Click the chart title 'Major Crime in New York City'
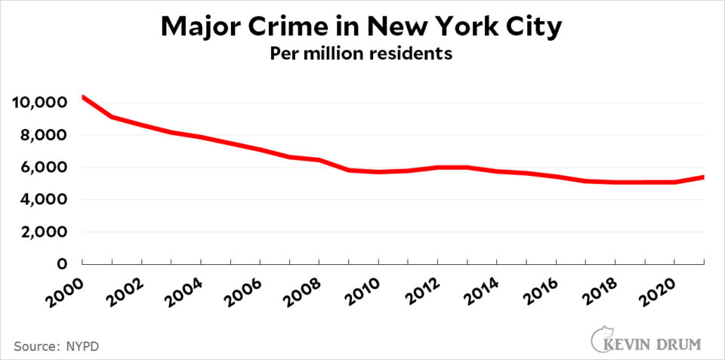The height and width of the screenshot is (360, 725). tap(362, 27)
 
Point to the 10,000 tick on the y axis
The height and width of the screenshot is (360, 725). tap(39, 103)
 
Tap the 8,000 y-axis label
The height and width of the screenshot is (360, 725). tap(44, 135)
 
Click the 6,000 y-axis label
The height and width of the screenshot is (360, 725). tap(44, 168)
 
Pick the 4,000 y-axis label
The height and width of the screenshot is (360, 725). tap(44, 200)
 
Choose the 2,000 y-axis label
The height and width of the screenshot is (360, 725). tap(44, 232)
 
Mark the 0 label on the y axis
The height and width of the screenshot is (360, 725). tap(65, 264)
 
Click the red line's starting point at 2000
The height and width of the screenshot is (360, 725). tap(82, 97)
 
